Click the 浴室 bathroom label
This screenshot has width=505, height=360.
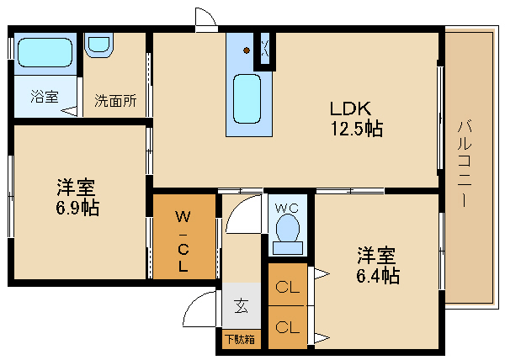[x=44, y=97]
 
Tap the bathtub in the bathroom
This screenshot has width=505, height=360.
[x=45, y=52]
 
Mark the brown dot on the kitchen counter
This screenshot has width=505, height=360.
[x=247, y=50]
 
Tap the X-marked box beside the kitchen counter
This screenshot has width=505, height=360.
[x=265, y=50]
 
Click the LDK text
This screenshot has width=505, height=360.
[x=350, y=109]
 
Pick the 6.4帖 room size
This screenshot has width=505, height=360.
[x=376, y=275]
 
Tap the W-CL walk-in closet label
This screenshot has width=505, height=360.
[x=182, y=242]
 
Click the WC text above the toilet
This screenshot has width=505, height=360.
[x=286, y=204]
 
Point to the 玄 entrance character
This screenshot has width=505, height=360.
[x=241, y=305]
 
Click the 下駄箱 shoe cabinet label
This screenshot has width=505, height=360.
[x=241, y=341]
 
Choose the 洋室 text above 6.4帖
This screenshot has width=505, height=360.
[x=376, y=253]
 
